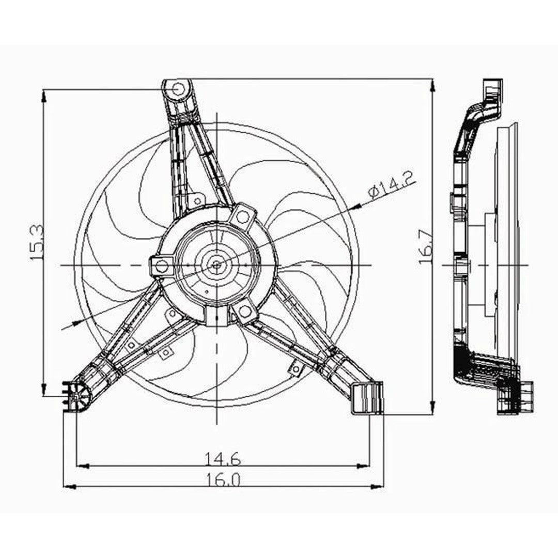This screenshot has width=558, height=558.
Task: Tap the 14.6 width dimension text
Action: point(222,458)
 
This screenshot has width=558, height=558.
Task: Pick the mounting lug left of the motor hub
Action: point(161,267)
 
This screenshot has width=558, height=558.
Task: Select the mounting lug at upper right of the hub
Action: point(242,216)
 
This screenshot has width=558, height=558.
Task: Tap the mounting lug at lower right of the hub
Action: point(244,311)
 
